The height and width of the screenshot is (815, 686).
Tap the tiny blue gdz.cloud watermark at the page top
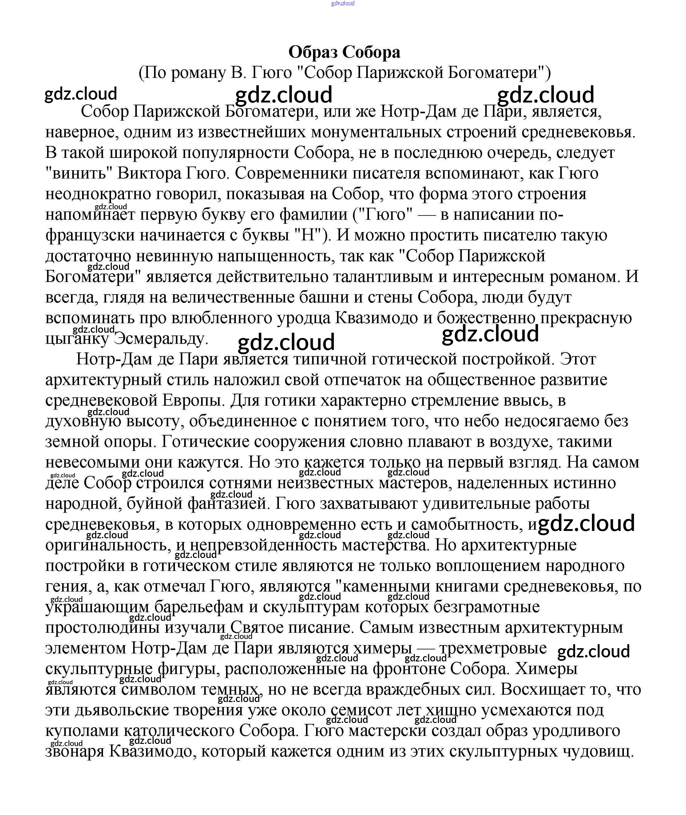click(x=343, y=3)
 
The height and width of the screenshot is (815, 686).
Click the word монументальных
click(x=376, y=132)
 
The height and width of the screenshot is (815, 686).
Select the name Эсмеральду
click(x=161, y=339)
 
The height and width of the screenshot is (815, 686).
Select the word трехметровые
click(x=493, y=648)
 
